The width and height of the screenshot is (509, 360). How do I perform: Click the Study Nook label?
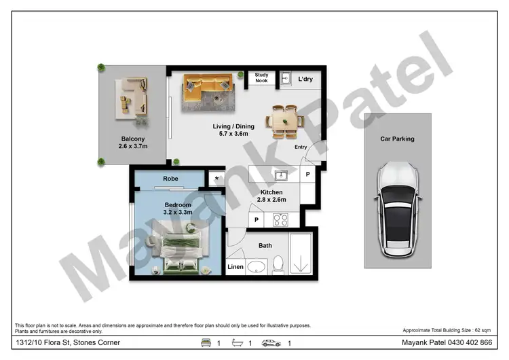[x=261, y=78]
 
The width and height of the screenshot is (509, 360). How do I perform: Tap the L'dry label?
[x=305, y=79]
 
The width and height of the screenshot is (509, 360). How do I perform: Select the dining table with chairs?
[x=285, y=122]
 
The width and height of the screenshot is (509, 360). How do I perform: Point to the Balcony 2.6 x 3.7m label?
[x=132, y=142]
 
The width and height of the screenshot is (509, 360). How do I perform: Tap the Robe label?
[x=170, y=179]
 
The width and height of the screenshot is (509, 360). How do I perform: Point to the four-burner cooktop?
[x=280, y=220]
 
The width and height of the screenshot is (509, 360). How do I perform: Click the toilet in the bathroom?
[x=278, y=264]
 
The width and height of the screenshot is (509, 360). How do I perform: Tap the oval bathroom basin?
[x=257, y=266]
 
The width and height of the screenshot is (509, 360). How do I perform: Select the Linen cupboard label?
[x=235, y=267]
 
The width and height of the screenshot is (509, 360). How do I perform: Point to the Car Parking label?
[x=397, y=139]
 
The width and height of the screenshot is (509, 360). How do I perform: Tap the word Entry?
[x=301, y=147]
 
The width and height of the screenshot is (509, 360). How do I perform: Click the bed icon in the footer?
[x=206, y=343]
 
